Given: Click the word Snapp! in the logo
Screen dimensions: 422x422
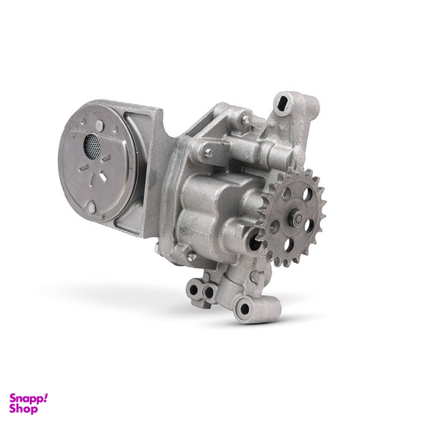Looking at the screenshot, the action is [29, 399].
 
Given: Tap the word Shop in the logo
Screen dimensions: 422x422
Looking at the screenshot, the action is [23, 409].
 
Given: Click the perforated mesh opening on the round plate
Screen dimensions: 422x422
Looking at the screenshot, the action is [92, 147].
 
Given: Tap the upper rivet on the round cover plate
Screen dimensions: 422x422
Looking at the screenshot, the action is [99, 125].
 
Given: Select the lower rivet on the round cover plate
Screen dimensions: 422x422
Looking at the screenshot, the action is [92, 208].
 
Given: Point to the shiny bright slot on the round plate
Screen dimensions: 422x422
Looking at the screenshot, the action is [103, 176].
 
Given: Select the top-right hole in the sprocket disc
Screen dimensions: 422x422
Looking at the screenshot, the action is [306, 194].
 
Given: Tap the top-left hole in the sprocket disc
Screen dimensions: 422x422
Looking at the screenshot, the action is [286, 194].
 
